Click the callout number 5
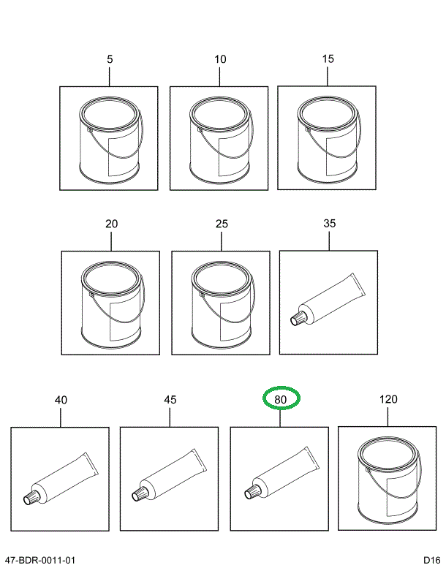(110, 59)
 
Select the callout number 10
(220, 59)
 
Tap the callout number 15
(328, 58)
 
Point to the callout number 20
(111, 224)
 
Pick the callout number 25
(222, 224)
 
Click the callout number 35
(329, 223)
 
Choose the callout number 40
(61, 400)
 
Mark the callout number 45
(170, 400)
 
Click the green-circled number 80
(281, 399)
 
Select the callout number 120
(388, 399)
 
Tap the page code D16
(432, 560)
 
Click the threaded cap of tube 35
(299, 318)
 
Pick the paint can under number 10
(219, 142)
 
